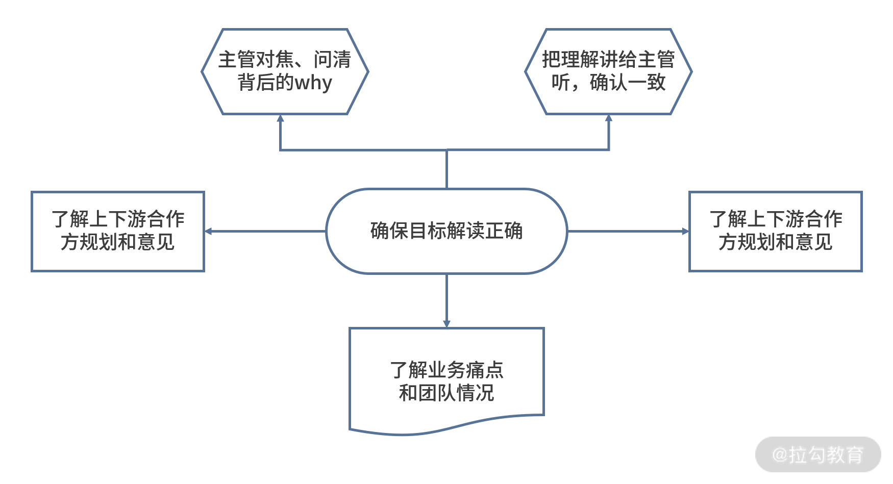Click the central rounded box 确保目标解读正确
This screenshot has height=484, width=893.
[x=446, y=231]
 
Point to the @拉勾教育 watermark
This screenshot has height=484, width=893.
[x=818, y=454]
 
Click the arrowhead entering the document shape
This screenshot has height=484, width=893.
[x=446, y=323]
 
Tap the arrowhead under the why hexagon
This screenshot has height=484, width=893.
[x=280, y=118]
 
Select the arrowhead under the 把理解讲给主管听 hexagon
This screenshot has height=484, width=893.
[x=608, y=118]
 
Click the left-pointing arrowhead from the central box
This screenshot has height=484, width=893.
[x=208, y=231]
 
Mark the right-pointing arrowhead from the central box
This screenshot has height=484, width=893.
[x=685, y=231]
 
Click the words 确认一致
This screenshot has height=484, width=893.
[x=628, y=83]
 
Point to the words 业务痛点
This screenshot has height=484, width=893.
[x=465, y=370]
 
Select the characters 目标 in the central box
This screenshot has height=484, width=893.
[x=428, y=231]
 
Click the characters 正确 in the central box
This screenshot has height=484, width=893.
[x=504, y=231]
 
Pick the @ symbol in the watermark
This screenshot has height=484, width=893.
[x=780, y=454]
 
